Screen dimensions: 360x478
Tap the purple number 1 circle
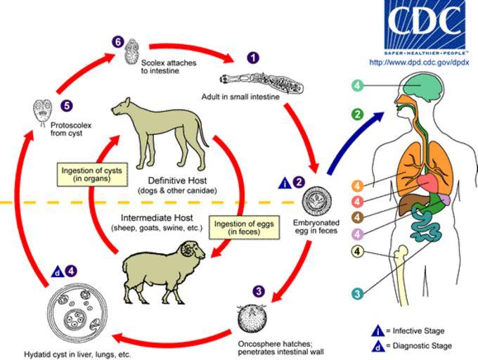click(253, 58)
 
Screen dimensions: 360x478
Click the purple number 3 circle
click(259, 290)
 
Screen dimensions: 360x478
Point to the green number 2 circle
click(357, 113)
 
